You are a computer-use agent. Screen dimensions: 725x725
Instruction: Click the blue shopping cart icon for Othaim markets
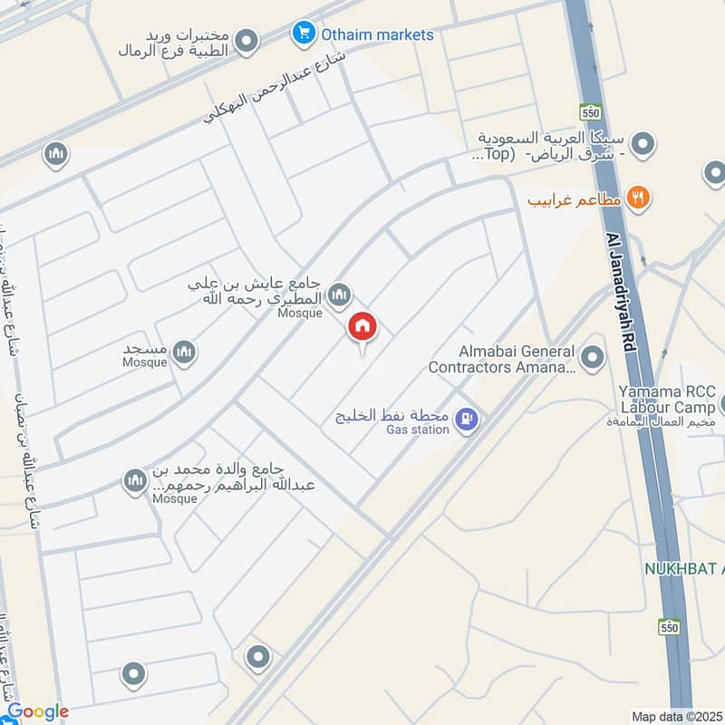303,34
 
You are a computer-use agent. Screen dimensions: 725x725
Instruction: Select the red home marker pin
362,327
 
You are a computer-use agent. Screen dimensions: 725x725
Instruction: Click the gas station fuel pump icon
467,420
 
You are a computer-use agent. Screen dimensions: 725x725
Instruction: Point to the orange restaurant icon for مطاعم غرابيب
639,198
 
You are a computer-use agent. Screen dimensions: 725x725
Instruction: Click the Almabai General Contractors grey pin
593,359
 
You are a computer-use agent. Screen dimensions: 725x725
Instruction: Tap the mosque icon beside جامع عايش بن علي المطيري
340,294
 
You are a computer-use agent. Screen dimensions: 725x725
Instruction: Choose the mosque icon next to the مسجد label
184,353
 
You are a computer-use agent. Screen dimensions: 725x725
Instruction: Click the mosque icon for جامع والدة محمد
135,480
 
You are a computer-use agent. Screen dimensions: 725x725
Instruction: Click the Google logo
37,711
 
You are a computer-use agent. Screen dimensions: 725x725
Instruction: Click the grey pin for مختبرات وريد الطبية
245,41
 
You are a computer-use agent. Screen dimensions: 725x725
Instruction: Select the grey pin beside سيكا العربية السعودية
643,144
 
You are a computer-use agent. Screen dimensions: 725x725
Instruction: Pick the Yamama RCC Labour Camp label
667,399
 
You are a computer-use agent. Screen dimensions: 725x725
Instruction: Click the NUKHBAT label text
683,568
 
